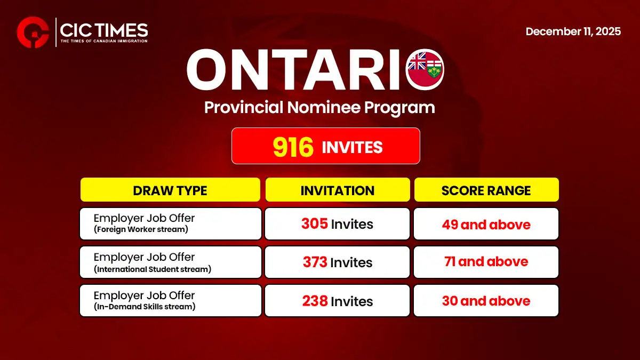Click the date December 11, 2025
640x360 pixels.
[x=573, y=31]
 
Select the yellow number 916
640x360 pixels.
[x=293, y=147]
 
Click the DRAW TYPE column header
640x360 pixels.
[x=170, y=190]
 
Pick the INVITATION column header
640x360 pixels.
[x=337, y=190]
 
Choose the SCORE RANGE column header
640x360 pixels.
[x=486, y=190]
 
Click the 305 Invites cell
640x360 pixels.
[x=337, y=224]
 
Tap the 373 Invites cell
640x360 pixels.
[x=337, y=262]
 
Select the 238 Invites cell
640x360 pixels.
[x=337, y=301]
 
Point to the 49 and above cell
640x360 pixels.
[x=486, y=224]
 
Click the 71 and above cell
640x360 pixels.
[x=486, y=262]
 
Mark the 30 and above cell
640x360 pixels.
[x=486, y=301]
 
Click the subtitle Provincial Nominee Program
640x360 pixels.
[x=319, y=108]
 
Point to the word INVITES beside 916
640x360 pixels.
[x=352, y=147]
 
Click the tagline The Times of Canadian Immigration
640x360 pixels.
[x=104, y=41]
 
